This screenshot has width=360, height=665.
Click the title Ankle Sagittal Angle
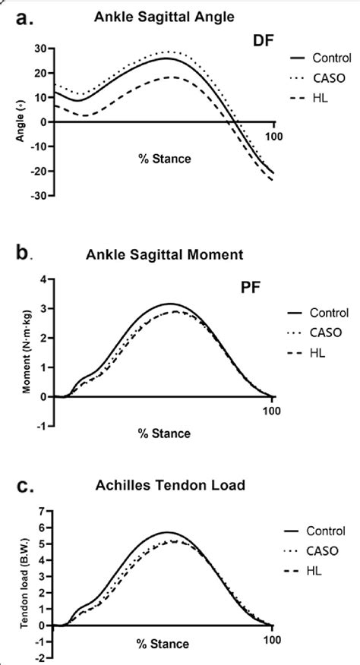click(x=163, y=14)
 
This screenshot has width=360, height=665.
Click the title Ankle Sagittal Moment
click(x=168, y=256)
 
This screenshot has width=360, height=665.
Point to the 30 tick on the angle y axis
click(x=43, y=49)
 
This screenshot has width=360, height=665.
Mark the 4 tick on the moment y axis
click(x=45, y=280)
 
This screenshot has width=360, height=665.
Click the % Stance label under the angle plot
click(x=163, y=159)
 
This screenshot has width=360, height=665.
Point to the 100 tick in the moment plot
click(x=272, y=411)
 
